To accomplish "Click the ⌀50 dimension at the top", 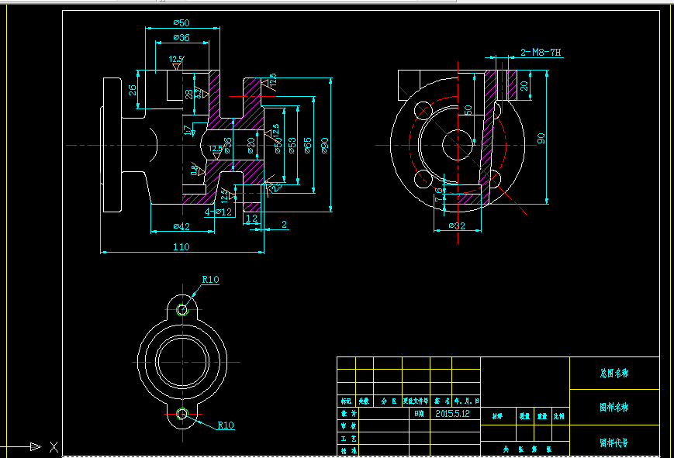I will [x=182, y=22].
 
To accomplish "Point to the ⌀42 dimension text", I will [x=180, y=226].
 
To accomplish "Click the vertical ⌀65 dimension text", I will [x=308, y=145].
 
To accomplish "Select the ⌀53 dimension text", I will [x=292, y=145].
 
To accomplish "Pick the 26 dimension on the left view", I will [x=133, y=90].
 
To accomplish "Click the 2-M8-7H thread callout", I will [x=541, y=53].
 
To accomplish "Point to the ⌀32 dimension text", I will [x=458, y=226].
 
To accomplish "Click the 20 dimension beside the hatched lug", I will [x=524, y=85].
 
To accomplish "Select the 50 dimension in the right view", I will [x=468, y=110].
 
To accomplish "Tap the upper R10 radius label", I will [x=210, y=280].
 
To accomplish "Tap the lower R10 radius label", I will [x=226, y=425].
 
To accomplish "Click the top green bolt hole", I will [x=182, y=310].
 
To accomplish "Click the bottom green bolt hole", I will [x=182, y=413].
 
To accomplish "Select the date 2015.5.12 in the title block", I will [x=453, y=414].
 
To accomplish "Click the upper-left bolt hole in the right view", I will [x=423, y=108].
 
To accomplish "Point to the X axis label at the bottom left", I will [x=54, y=446].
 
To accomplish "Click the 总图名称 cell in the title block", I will [x=614, y=373].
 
